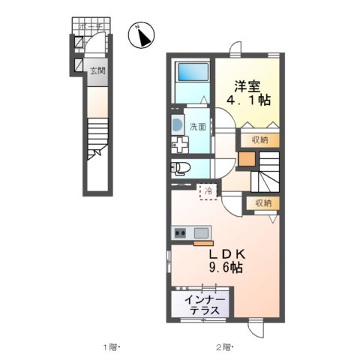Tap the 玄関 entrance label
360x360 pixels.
click(97, 72)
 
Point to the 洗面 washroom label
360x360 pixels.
click(197, 127)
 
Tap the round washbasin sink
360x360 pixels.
click(176, 124)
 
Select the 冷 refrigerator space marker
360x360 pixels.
click(209, 191)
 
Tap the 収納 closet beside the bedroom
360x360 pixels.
click(259, 139)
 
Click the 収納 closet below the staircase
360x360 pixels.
click(262, 202)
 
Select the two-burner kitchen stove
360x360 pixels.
click(180, 233)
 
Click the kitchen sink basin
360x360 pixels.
click(200, 232)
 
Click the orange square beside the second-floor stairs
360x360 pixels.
click(247, 158)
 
